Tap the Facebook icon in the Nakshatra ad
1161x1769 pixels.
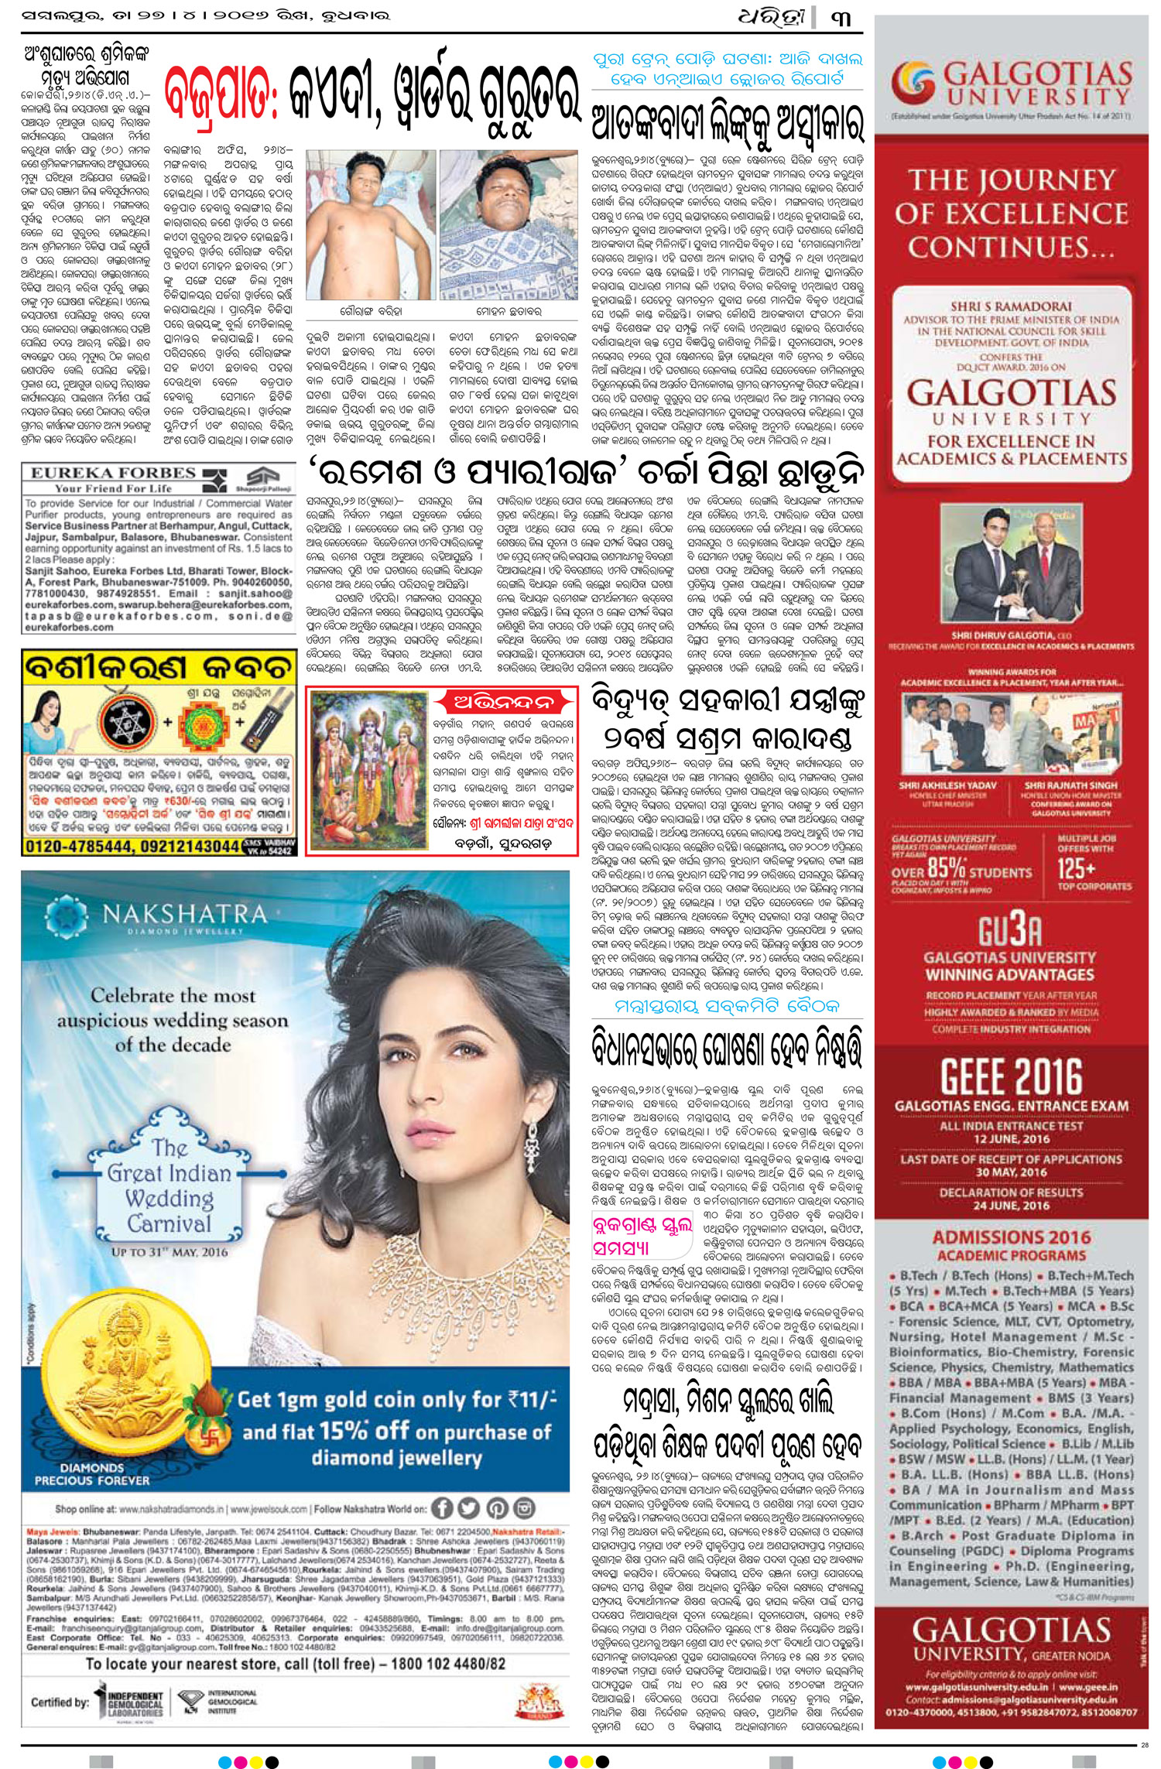point(442,1507)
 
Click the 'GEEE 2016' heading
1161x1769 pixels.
point(1011,1076)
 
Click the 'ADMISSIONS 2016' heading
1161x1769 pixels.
point(1010,1237)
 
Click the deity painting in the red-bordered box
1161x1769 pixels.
point(365,766)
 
